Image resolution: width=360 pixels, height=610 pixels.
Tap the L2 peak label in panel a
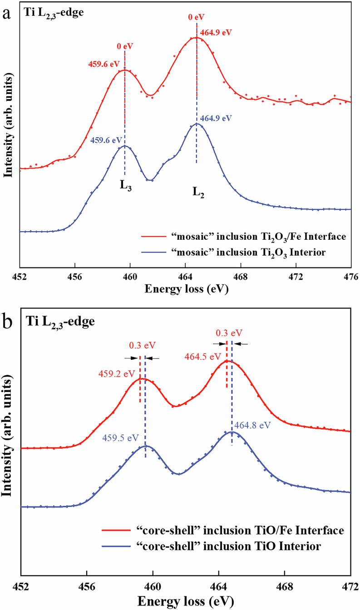[196, 193]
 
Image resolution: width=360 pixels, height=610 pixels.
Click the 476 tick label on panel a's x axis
[350, 276]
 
